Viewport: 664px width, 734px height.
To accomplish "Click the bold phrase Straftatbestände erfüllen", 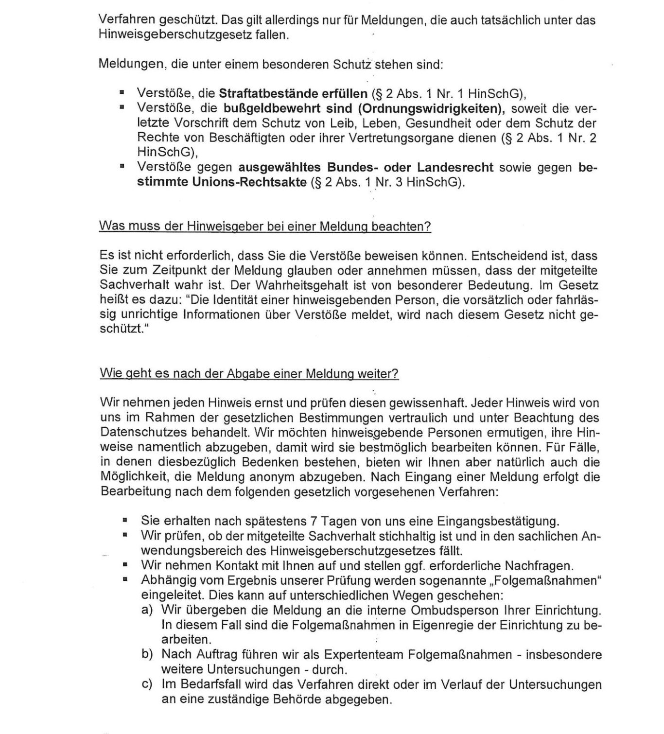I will (x=293, y=93).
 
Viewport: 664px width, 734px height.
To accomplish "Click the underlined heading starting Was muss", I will (x=265, y=227).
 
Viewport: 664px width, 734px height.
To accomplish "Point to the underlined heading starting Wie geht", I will (x=249, y=374).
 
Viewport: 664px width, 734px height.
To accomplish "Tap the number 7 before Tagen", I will (x=314, y=521).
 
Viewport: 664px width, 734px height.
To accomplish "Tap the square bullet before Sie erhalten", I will (x=125, y=521).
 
